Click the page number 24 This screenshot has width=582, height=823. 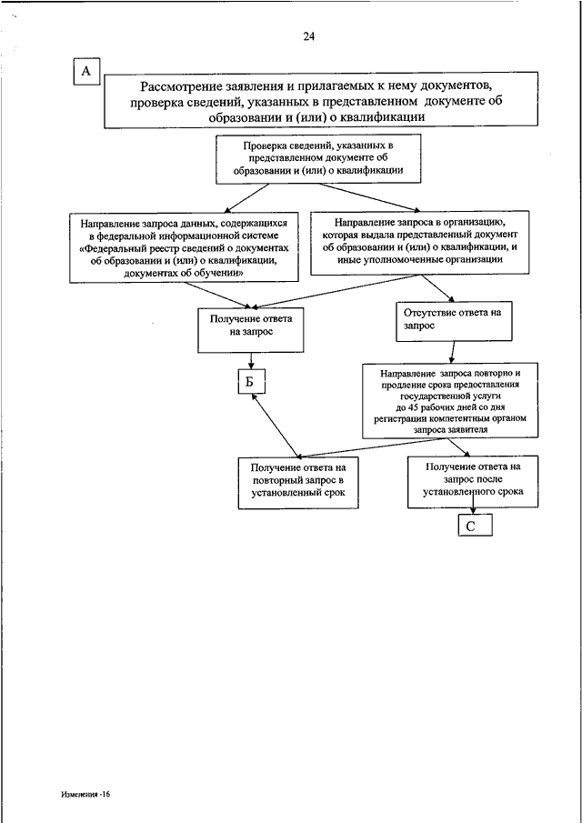[308, 36]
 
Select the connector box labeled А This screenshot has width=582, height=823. [87, 71]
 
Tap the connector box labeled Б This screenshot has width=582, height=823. [251, 382]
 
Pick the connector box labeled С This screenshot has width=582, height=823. [475, 526]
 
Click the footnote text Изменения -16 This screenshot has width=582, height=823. [85, 794]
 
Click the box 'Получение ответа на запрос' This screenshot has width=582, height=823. [251, 329]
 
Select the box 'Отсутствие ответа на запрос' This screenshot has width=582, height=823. [454, 321]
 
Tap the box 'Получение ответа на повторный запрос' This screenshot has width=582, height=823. [298, 483]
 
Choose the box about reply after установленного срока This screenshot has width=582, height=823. [473, 481]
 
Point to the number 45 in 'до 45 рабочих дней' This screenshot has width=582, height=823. [412, 407]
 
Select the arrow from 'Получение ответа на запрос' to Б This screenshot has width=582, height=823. [251, 361]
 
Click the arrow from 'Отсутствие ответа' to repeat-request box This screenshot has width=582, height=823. [452, 352]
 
